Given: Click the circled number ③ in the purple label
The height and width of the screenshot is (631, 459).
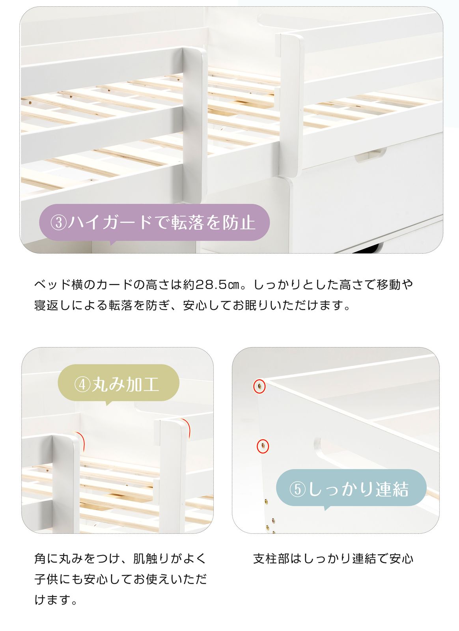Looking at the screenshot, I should (58, 223).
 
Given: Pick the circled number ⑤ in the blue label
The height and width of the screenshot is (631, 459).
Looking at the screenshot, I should (298, 489).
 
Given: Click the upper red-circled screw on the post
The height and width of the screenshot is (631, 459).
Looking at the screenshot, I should (259, 386).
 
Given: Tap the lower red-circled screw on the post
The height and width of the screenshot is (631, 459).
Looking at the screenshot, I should (263, 446).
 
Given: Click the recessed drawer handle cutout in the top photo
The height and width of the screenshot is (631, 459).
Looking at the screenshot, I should (371, 156).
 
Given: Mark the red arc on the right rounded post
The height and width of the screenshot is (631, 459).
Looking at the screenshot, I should (188, 428).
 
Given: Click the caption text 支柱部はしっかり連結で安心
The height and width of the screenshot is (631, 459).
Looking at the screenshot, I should (333, 558).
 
